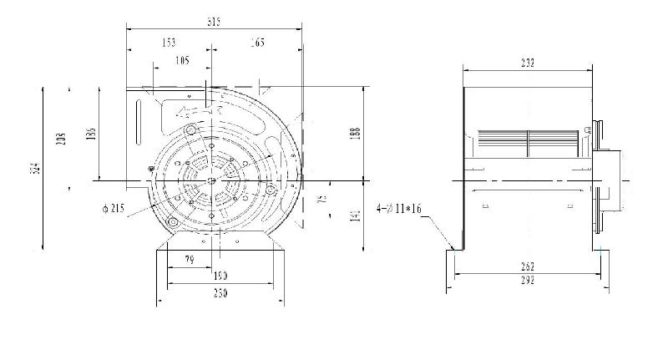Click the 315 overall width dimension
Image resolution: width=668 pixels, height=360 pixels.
[215, 23]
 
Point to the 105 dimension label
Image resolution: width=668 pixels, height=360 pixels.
[183, 60]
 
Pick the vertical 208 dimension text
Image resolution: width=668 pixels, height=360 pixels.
[61, 139]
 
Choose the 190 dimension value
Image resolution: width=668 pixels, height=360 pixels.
[219, 276]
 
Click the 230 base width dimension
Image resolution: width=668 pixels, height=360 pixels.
[219, 293]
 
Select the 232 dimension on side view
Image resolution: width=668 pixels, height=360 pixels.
[527, 63]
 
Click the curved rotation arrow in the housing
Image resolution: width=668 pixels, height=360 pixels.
[201, 109]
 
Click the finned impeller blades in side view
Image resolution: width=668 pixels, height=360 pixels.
[526, 143]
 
